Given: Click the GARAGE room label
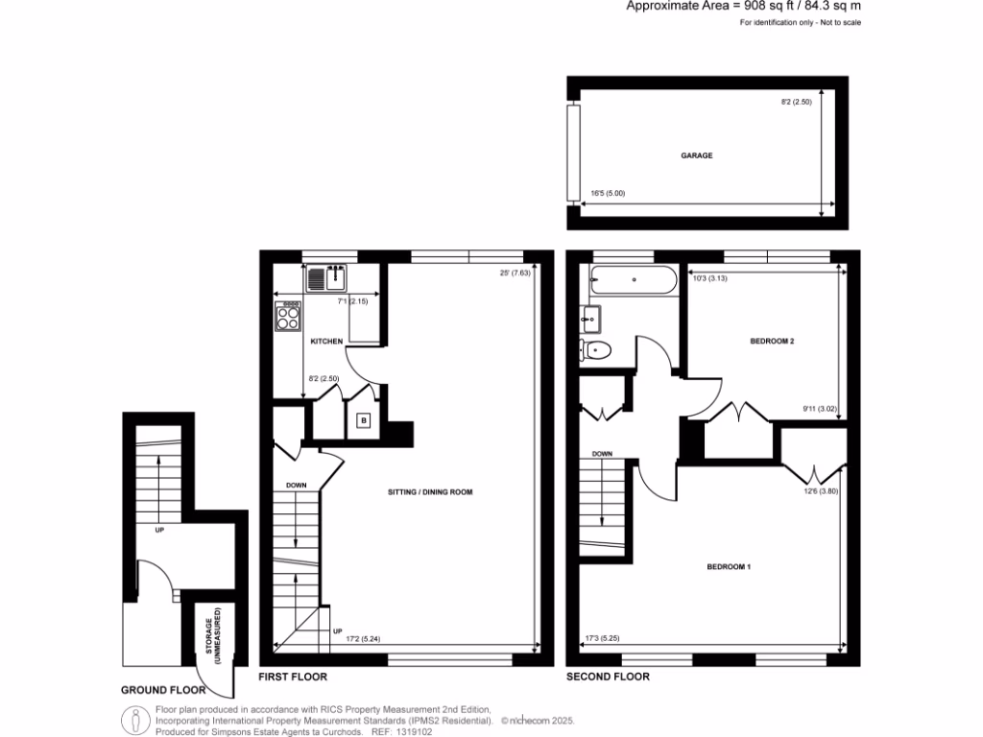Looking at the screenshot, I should pos(697,155).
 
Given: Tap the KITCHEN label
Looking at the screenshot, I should pos(325,342).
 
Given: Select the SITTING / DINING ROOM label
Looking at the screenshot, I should pos(431,492).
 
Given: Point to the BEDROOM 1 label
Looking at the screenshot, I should pos(729,567).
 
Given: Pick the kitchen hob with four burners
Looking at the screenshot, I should pos(288,317).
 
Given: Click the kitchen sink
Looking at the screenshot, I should pos(328,278).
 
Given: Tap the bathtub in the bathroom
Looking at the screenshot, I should pos(634,280).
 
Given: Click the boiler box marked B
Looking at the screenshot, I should pos(363,419).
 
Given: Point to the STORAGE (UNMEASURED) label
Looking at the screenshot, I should pos(218,636).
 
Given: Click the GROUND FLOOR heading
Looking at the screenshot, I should pos(163,690).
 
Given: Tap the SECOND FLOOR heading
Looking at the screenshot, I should pos(608,677).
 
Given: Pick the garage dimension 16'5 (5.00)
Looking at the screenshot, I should pos(608,194).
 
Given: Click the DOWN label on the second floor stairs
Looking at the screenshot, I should pos(602,454).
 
